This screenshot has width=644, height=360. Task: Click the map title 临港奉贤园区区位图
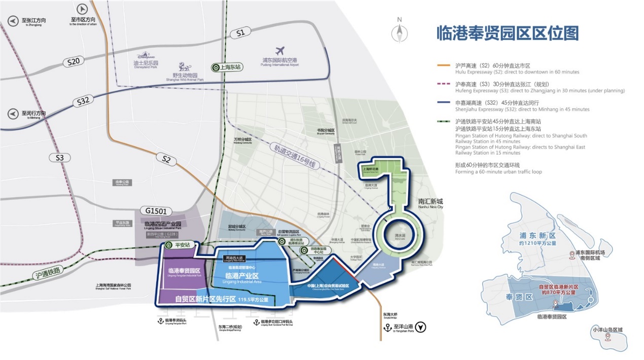click(x=508, y=33)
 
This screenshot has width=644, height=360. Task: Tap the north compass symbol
click(x=400, y=32)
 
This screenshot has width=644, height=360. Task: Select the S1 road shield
click(x=240, y=33)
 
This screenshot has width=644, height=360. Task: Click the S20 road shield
click(x=74, y=62)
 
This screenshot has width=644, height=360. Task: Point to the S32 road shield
click(x=84, y=101)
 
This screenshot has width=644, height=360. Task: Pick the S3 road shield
click(x=60, y=158)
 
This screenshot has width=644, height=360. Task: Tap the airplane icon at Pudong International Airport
click(x=279, y=51)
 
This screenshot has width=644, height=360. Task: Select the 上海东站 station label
click(x=227, y=67)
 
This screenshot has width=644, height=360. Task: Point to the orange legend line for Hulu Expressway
click(x=444, y=65)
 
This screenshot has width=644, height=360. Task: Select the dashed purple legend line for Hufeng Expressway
click(x=444, y=84)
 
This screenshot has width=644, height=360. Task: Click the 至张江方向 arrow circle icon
click(x=13, y=21)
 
